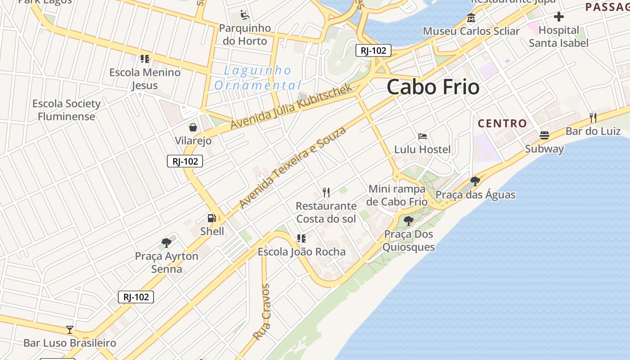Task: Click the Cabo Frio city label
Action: pyautogui.click(x=433, y=87)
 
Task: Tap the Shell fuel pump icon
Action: pyautogui.click(x=211, y=219)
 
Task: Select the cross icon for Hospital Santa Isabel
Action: pyautogui.click(x=558, y=17)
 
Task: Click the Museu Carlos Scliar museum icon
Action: pyautogui.click(x=471, y=18)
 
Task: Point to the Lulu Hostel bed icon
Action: pyautogui.click(x=422, y=136)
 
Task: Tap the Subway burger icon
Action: pyautogui.click(x=544, y=135)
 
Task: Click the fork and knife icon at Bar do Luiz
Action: pyautogui.click(x=593, y=118)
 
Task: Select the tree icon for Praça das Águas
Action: pyautogui.click(x=475, y=182)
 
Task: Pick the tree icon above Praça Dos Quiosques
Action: pyautogui.click(x=408, y=221)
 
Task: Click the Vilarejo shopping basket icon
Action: pyautogui.click(x=193, y=128)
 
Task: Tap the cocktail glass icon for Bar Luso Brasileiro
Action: pyautogui.click(x=70, y=330)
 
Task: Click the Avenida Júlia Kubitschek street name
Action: pyautogui.click(x=292, y=106)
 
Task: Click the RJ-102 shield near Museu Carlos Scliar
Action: pyautogui.click(x=373, y=50)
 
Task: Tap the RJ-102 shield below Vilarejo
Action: pyautogui.click(x=185, y=161)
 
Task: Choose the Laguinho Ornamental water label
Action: pyautogui.click(x=258, y=78)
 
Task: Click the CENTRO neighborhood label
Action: pyautogui.click(x=502, y=123)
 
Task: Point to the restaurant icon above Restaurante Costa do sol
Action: pyautogui.click(x=326, y=193)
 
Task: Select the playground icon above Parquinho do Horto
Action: pyautogui.click(x=244, y=15)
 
